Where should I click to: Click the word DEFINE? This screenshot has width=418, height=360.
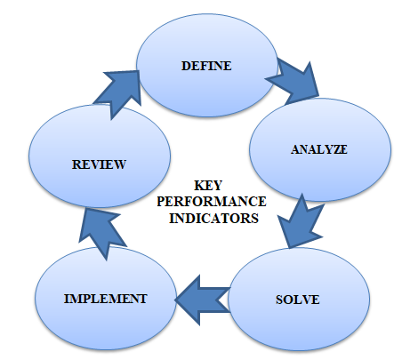206,66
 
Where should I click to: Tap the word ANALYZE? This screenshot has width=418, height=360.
318,149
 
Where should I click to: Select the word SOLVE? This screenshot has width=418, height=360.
298,300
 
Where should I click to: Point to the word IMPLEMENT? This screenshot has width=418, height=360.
106,299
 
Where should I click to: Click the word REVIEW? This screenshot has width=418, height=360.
99,164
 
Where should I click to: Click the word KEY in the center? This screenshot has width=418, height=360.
208,186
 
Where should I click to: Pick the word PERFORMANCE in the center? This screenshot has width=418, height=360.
212,202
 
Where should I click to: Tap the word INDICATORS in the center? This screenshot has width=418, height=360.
213,219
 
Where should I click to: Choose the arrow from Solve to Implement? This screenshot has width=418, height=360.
203,300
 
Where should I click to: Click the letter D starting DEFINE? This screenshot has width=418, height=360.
186,66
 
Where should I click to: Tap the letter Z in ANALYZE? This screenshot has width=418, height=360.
335,149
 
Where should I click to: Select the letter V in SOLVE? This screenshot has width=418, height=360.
307,300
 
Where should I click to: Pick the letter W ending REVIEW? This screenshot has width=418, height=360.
119,164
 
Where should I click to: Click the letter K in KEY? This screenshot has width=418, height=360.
199,186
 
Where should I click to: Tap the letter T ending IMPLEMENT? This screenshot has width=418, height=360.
142,299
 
